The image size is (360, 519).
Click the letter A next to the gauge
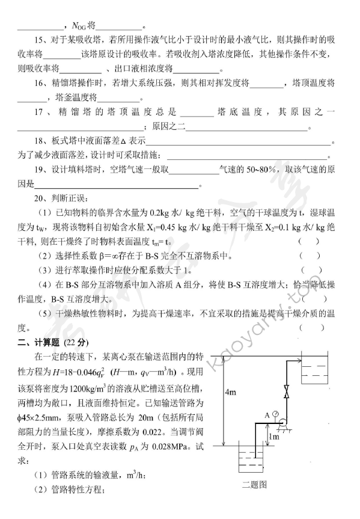(267, 414)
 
